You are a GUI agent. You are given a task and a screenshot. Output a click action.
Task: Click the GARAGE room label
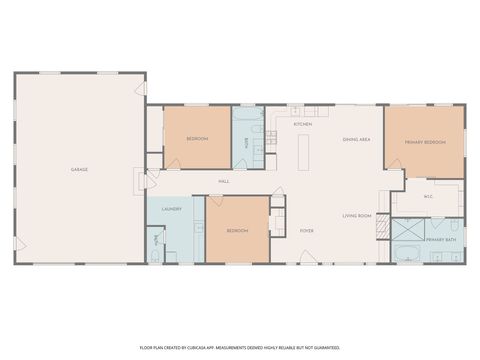(79, 169)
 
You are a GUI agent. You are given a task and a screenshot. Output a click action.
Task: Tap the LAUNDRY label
(170, 209)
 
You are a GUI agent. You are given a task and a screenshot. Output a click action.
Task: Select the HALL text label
(224, 181)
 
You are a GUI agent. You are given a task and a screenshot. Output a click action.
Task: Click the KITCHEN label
(303, 124)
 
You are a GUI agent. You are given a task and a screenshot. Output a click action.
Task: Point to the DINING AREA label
(357, 139)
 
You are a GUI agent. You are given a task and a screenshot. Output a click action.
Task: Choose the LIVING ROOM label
(357, 216)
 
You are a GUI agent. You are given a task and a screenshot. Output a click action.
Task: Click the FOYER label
(307, 231)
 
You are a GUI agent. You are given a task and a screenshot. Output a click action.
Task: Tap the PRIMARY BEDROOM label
(425, 143)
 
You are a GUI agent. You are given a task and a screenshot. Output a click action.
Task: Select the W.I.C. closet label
(427, 196)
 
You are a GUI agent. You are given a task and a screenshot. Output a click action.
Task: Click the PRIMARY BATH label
(440, 240)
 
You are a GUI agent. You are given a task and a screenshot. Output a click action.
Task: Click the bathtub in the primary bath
(408, 252)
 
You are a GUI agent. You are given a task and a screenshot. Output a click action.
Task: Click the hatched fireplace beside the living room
(381, 227)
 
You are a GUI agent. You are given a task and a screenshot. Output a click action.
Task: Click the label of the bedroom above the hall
(196, 139)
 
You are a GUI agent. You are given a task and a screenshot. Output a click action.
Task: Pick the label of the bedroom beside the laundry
(237, 231)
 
